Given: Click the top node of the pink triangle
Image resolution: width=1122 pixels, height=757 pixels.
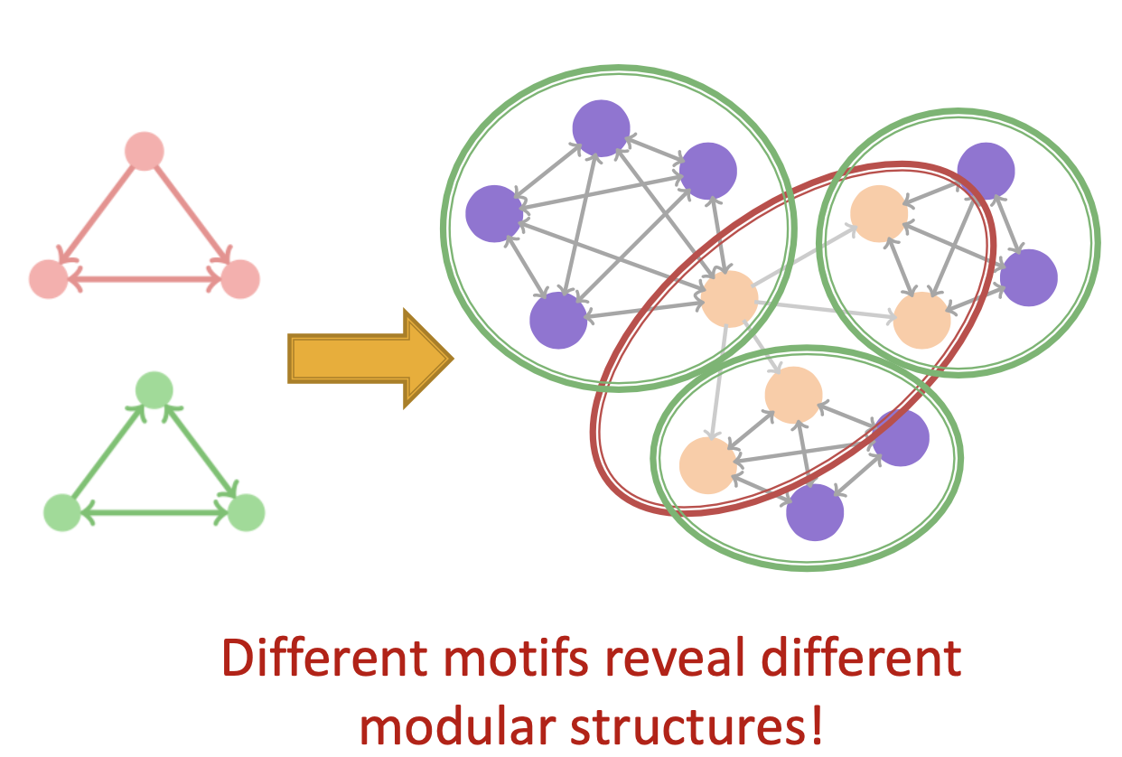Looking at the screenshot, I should click(x=144, y=151).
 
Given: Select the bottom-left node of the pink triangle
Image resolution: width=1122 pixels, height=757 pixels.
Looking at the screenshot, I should click(x=49, y=278).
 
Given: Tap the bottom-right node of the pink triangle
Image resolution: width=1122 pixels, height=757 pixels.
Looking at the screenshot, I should click(x=240, y=278).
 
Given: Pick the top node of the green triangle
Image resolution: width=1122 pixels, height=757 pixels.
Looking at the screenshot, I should click(x=154, y=390).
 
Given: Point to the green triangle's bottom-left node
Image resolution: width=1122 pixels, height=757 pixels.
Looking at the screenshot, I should click(x=61, y=512).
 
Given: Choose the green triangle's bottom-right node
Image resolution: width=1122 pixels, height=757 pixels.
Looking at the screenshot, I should click(x=245, y=512).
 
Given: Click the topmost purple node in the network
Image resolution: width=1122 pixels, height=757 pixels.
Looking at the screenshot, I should click(x=601, y=128).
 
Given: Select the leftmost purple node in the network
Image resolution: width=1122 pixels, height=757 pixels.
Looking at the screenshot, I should click(x=494, y=213).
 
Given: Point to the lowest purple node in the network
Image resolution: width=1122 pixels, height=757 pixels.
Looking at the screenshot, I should click(x=815, y=512).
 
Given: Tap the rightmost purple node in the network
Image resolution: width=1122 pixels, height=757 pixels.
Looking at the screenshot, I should click(x=1028, y=277).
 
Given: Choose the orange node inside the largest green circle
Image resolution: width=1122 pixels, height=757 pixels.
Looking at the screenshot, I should click(x=729, y=298).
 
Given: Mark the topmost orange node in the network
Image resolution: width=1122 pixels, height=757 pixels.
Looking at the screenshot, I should click(x=879, y=213).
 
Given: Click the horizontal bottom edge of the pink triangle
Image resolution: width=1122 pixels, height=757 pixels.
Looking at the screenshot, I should click(x=145, y=280).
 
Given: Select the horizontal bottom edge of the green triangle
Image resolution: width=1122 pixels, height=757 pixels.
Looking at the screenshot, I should click(x=154, y=513).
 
